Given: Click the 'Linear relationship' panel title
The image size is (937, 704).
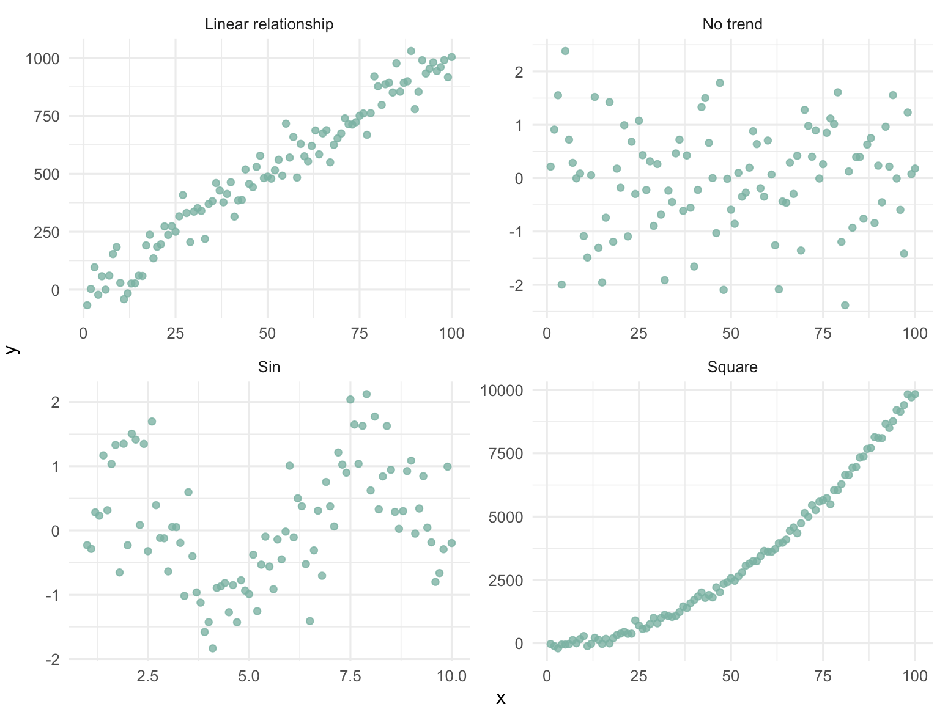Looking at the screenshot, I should point(269,24).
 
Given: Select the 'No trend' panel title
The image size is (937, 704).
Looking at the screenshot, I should point(732,24).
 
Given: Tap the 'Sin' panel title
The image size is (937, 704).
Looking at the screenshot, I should point(269,367).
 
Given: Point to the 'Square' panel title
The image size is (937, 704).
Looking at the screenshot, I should point(732,367).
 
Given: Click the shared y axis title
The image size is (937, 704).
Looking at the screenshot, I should point(11,349).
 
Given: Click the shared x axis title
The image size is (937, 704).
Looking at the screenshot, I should point(501,698).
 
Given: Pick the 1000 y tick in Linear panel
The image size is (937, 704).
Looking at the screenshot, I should point(42,59).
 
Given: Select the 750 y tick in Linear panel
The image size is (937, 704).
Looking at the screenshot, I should point(46,116).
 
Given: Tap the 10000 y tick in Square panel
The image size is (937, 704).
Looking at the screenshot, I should point(502,391).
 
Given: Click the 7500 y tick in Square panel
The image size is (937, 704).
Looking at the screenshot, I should point(506,453).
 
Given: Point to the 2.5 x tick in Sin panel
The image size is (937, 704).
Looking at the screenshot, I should point(147,676).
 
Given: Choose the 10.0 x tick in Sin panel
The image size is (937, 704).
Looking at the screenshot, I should point(451,676).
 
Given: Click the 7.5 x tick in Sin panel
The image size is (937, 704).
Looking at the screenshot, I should point(350,676).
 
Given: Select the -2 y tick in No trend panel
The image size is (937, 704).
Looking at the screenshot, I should point(519,285).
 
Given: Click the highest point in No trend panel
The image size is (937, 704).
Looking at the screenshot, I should point(565,51).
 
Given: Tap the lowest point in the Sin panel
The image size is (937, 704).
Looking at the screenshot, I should point(213,648).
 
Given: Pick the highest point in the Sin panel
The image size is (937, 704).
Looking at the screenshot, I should point(366,394).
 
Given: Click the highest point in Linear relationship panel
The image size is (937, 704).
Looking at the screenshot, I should point(411,51).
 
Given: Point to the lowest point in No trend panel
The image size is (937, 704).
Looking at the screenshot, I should point(845,305).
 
